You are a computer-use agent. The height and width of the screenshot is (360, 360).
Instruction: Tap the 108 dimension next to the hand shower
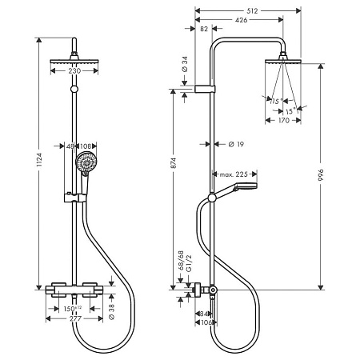86,146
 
